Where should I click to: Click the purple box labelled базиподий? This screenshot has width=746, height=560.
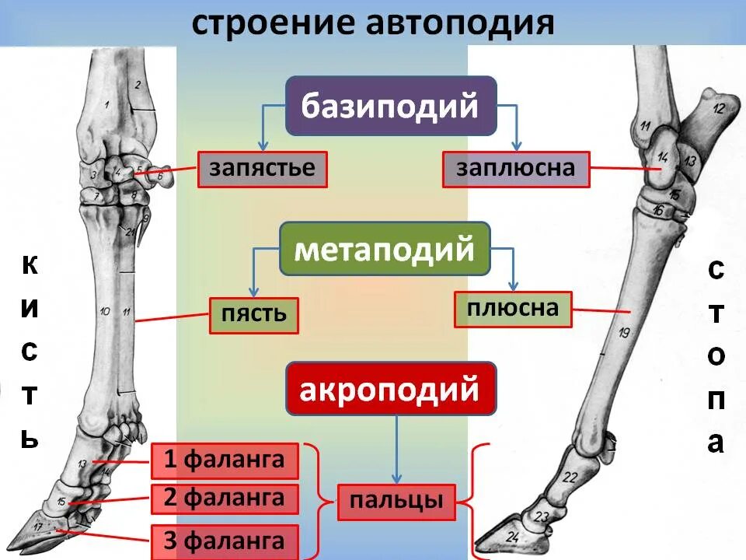[x=390, y=106]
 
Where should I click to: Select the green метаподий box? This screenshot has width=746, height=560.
[x=385, y=249]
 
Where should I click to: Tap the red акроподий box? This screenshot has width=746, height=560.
[x=390, y=388]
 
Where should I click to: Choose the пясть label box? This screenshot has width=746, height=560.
[x=253, y=315]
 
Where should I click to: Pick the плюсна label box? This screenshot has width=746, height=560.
[x=513, y=309]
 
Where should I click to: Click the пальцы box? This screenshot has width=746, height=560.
[x=396, y=502]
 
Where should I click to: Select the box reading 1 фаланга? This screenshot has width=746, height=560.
[x=225, y=460]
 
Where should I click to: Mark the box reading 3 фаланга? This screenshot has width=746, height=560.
[x=225, y=540]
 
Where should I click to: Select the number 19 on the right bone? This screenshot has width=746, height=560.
[x=623, y=334]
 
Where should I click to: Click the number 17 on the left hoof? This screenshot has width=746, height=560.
[x=38, y=527]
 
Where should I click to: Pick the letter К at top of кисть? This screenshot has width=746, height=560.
[x=29, y=267]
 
